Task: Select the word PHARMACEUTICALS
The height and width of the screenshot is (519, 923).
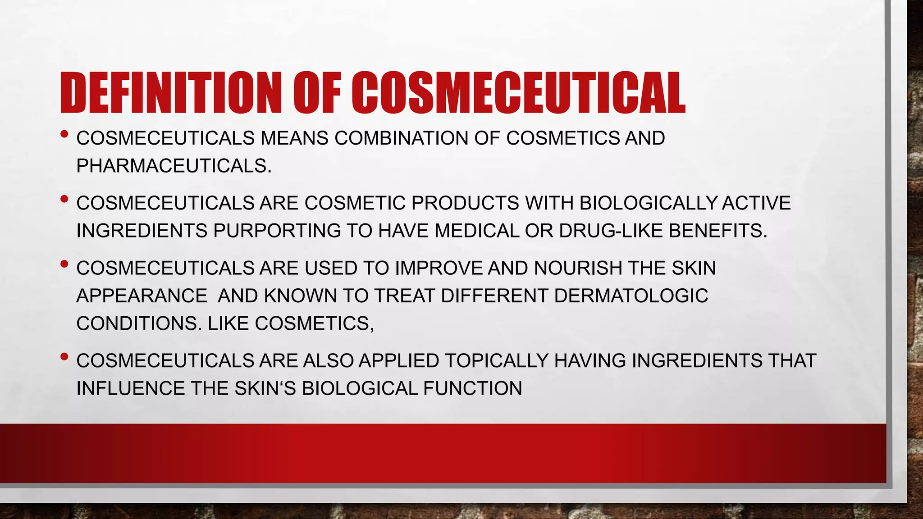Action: [x=174, y=166]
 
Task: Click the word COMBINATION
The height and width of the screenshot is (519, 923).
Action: [x=401, y=138]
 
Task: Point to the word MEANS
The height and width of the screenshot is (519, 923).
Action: [x=294, y=138]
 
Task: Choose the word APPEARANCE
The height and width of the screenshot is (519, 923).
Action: [x=142, y=296]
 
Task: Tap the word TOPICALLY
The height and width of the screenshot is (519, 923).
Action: [x=497, y=361]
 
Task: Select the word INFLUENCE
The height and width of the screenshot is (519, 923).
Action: [x=130, y=389]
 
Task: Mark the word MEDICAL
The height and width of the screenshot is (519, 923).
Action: [x=477, y=231]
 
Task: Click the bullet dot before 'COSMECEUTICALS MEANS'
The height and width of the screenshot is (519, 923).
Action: [x=64, y=134]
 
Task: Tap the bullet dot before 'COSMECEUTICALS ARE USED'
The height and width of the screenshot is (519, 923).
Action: [x=64, y=264]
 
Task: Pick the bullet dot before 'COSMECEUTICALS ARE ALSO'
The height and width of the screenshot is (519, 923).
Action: [x=64, y=357]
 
